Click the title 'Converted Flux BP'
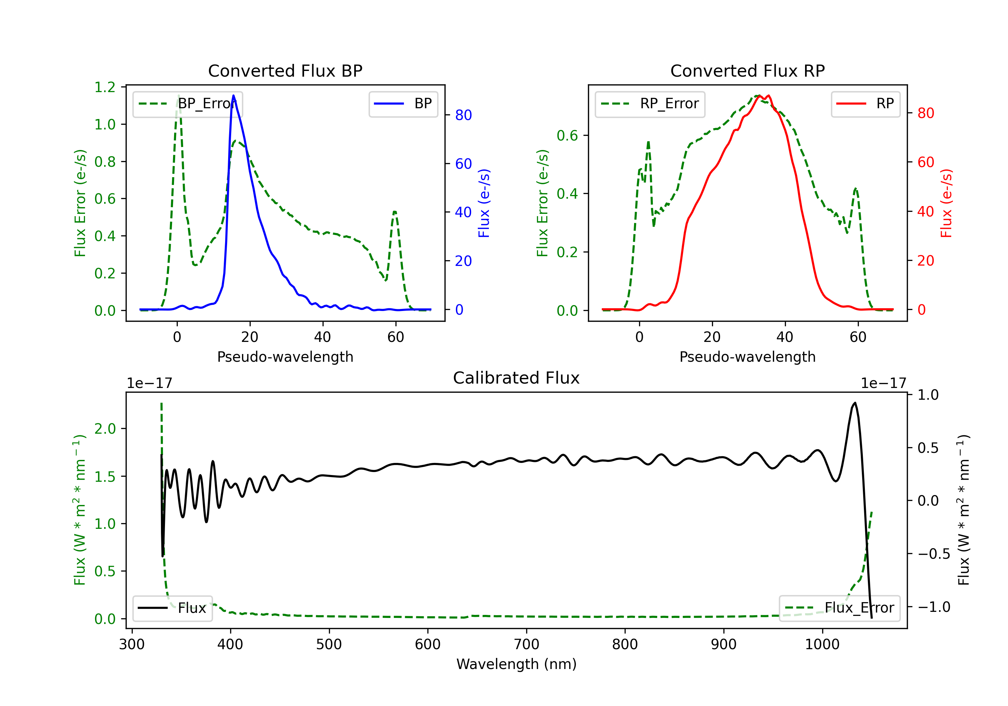pos(285,71)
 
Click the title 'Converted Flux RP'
pos(747,71)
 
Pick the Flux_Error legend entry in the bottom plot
pos(839,608)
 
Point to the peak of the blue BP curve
pos(234,95)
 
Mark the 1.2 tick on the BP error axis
pos(105,87)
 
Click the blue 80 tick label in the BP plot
pos(464,115)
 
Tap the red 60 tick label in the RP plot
pos(926,162)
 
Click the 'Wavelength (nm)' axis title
pos(516,664)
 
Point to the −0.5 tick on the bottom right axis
pos(933,554)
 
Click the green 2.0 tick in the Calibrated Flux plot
pos(105,428)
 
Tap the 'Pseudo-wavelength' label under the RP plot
pos(747,357)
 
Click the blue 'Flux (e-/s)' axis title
pos(484,203)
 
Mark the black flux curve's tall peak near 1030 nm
pos(854,402)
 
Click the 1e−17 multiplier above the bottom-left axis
pos(149,383)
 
